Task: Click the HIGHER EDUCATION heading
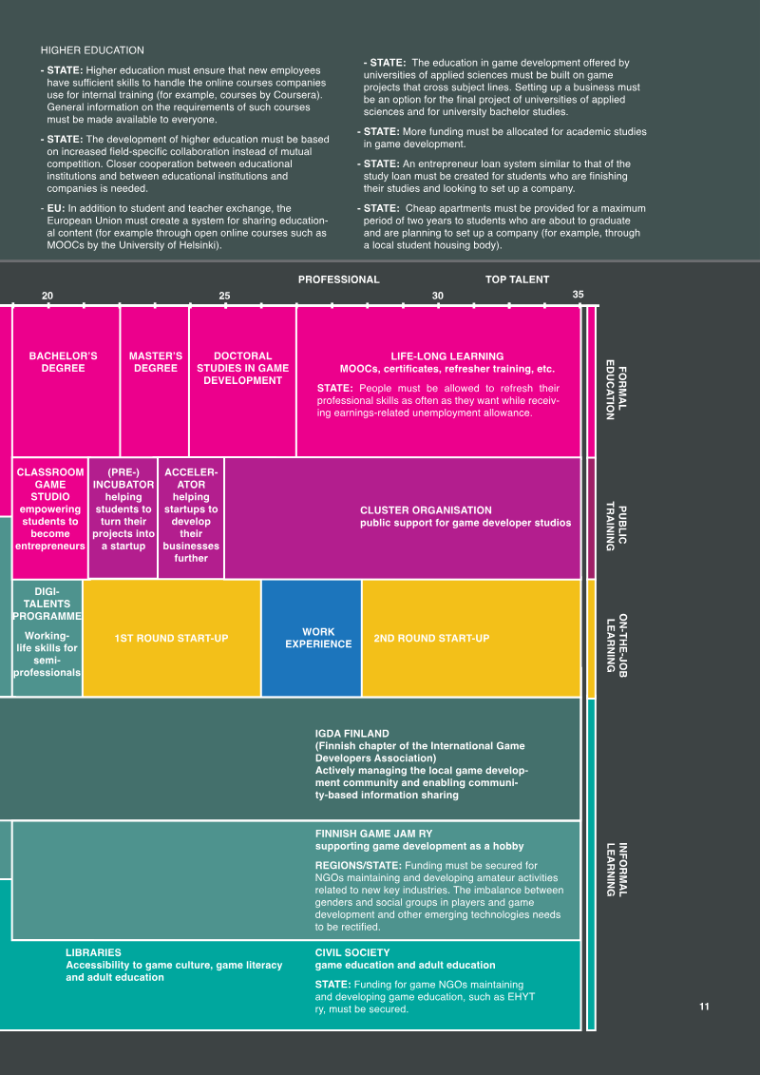click(92, 50)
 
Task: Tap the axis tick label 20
click(47, 296)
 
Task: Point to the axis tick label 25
click(225, 296)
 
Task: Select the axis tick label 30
click(438, 296)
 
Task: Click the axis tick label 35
click(579, 295)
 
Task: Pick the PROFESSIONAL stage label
click(338, 279)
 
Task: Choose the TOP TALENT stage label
click(518, 279)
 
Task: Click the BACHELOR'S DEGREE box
click(66, 381)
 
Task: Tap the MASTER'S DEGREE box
click(155, 381)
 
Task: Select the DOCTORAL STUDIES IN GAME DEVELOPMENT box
click(242, 381)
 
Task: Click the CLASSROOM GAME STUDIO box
click(50, 518)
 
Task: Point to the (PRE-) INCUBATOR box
click(123, 518)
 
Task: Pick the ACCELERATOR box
click(191, 518)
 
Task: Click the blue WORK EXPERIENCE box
click(312, 638)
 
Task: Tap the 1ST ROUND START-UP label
click(171, 639)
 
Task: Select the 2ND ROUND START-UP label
click(431, 639)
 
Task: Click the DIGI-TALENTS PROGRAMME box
click(47, 638)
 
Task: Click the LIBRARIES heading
click(93, 952)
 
